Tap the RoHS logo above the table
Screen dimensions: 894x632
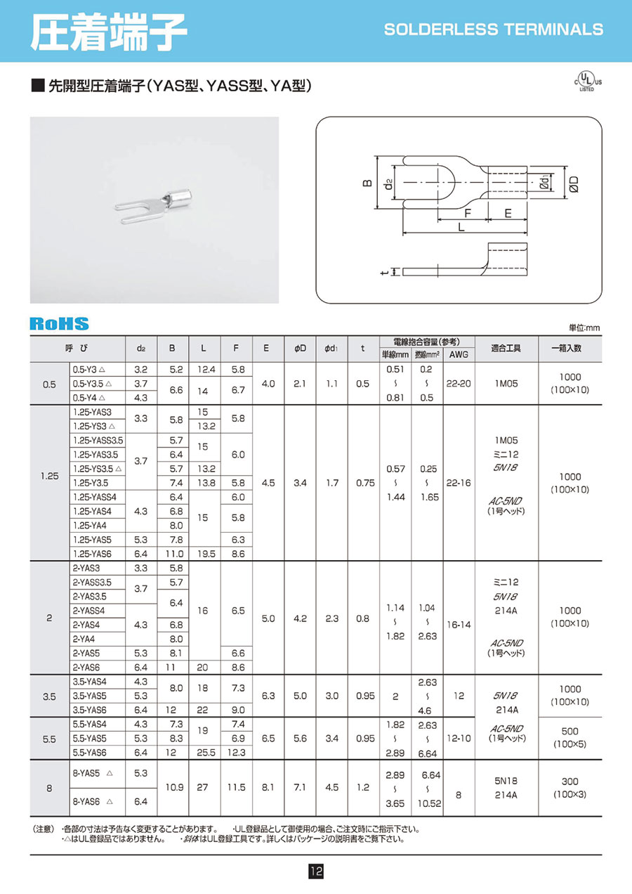pos(59,323)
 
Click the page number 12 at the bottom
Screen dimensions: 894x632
pos(315,872)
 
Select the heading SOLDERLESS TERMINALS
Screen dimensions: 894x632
pos(494,30)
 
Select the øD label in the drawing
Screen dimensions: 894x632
pos(574,183)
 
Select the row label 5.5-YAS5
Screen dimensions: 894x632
pos(91,738)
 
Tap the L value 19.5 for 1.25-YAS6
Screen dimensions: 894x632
pos(203,554)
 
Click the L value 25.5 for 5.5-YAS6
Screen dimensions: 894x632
pos(203,752)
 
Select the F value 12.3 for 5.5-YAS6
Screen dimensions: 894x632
pos(237,752)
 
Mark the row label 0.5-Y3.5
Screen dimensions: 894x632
pos(93,384)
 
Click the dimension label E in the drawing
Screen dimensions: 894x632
pos(507,213)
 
